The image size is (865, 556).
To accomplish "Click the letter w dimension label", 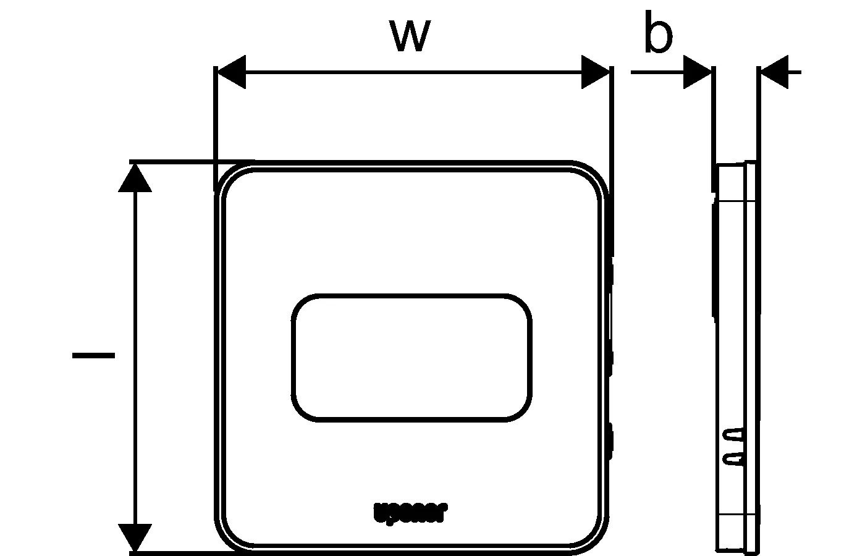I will (410, 35).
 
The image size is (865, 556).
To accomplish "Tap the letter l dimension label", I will (93, 355).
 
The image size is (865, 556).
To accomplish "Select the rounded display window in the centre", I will (411, 358).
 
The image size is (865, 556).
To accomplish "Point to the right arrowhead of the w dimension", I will (594, 72).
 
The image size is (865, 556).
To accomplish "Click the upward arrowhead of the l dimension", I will (135, 179).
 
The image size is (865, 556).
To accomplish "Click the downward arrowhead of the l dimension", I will (135, 536).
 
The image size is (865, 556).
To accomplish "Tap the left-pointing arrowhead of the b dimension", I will (774, 72).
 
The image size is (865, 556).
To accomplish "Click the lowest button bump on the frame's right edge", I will (610, 441).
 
